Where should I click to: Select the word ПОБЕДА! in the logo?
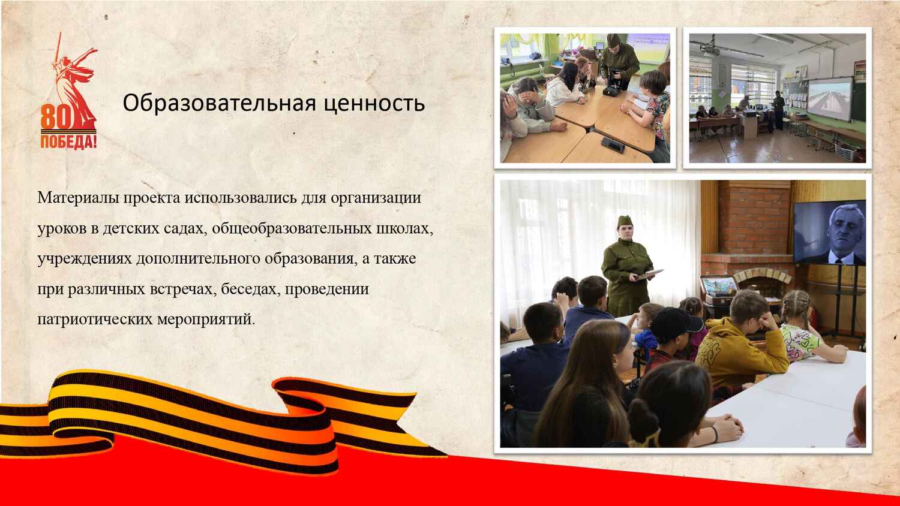69,141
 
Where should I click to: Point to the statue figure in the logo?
74,80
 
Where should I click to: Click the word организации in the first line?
376,199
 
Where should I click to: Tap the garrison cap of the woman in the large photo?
625,221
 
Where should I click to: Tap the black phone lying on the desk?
613,144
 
